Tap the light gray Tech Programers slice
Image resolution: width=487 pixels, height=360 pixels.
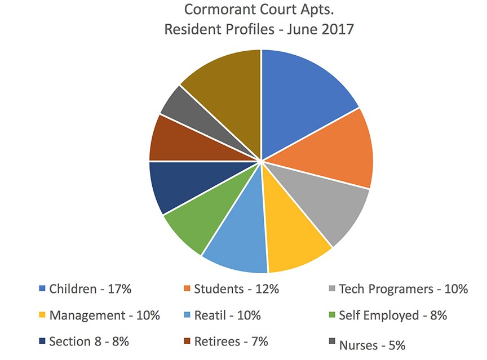click(333, 208)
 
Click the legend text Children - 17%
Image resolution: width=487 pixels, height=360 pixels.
click(90, 289)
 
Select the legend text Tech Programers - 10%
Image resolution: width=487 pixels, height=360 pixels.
click(403, 289)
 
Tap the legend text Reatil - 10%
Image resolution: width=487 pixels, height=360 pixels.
click(227, 315)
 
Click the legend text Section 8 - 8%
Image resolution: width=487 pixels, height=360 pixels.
click(90, 341)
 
